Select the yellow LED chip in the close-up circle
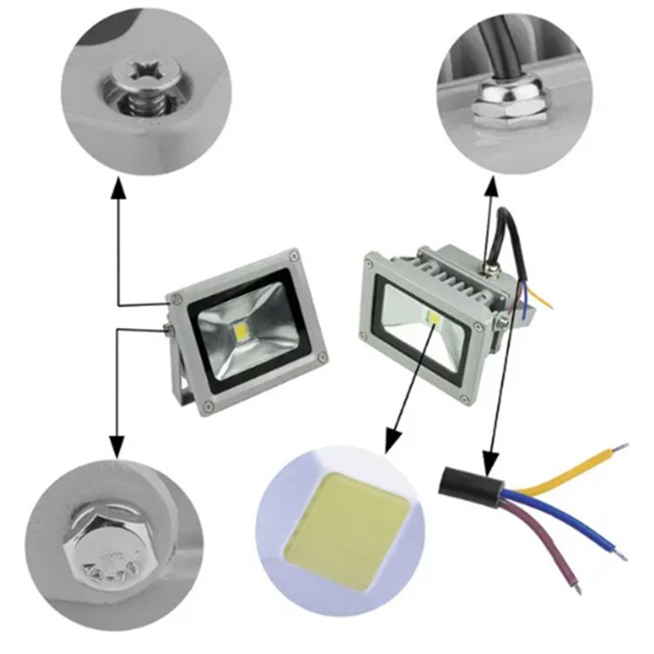pos(340,529)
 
